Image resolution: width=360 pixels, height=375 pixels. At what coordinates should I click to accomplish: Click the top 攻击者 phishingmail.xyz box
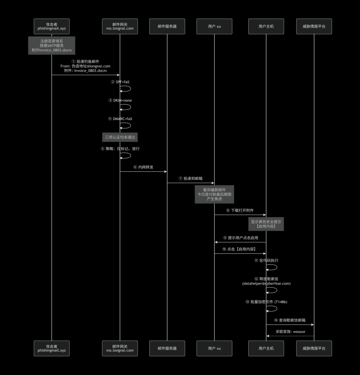52,26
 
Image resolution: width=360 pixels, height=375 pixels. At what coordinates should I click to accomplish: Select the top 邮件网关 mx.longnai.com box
120,26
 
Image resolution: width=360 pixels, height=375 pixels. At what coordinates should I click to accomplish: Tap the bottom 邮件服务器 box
167,348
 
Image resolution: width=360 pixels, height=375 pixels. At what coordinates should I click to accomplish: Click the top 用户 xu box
214,26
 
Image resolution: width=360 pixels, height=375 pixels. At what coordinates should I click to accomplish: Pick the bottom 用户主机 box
266,348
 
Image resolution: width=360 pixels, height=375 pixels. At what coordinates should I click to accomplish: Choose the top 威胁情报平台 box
314,26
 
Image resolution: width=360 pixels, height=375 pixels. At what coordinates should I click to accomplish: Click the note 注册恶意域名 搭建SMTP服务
52,45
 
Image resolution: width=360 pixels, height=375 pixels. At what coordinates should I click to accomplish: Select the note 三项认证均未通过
120,137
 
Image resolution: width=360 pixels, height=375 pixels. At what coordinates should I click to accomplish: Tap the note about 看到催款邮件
214,194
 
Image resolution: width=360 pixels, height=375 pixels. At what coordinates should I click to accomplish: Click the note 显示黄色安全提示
266,224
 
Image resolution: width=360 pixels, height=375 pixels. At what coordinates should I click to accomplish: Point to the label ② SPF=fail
120,82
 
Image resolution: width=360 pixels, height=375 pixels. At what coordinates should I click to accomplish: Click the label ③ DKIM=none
120,100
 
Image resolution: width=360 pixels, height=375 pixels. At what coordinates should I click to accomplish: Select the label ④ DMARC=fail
120,119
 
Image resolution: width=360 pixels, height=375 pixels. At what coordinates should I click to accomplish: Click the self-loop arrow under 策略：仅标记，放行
131,155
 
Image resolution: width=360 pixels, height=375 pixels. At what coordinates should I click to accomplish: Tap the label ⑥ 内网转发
143,167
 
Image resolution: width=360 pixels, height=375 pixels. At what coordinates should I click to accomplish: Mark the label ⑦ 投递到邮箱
191,178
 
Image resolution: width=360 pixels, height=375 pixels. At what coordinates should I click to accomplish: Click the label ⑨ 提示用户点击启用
240,238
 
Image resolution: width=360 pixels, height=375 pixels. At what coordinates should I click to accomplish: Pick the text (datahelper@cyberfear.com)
266,283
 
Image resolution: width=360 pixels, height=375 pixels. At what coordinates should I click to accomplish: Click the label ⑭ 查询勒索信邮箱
290,320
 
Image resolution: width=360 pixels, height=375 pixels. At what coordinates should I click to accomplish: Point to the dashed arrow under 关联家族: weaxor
290,336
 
